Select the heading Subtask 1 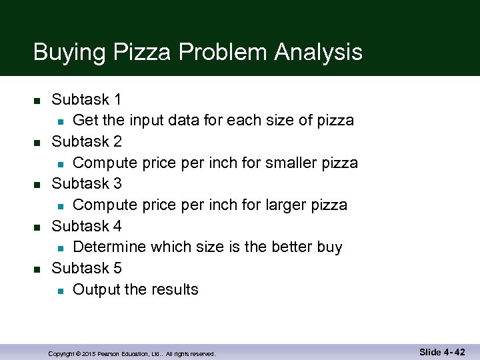tap(86, 100)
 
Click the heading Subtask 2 tap(86, 142)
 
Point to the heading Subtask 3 tap(86, 183)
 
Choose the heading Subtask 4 tap(86, 226)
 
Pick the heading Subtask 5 tap(86, 268)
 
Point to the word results tap(174, 289)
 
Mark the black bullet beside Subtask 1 tap(37, 101)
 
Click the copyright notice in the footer tap(132, 353)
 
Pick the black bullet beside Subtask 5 tap(37, 269)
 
